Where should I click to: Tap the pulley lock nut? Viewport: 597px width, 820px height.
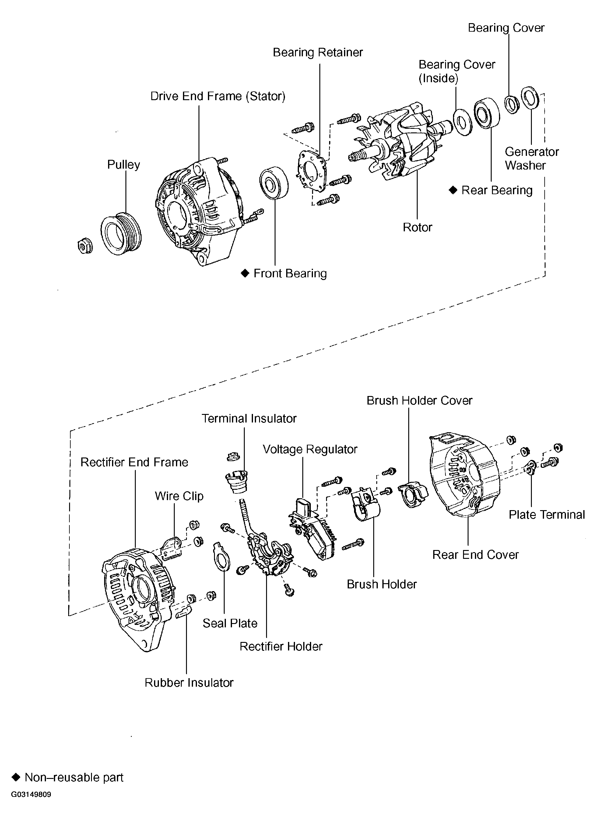(x=85, y=247)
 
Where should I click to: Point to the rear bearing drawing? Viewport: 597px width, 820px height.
(x=486, y=113)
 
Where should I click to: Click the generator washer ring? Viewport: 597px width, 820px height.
(x=530, y=97)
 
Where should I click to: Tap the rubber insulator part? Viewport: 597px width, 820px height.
(x=183, y=612)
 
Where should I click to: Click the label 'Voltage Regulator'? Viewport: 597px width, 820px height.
(x=310, y=449)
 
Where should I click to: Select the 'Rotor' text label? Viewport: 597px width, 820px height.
(x=417, y=227)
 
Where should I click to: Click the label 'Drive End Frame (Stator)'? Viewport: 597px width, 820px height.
(x=218, y=96)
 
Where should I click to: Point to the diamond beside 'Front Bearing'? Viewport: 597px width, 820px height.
(x=245, y=273)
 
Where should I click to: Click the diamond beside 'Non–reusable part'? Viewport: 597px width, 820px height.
(x=16, y=777)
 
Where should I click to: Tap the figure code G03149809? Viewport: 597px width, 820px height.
(x=31, y=795)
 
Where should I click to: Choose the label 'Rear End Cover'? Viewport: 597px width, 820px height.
(x=475, y=555)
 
